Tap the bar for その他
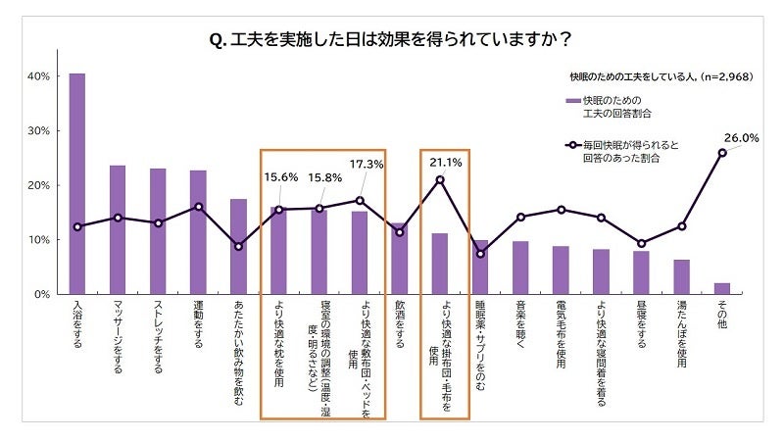(x=722, y=288)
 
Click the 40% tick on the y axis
(x=39, y=76)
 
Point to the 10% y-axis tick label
(x=39, y=240)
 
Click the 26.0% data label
(x=742, y=138)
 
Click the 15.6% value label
(x=280, y=177)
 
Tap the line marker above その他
(x=722, y=152)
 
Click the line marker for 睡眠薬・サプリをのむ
(x=480, y=254)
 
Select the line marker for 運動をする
(x=198, y=207)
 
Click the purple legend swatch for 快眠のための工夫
(x=573, y=101)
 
